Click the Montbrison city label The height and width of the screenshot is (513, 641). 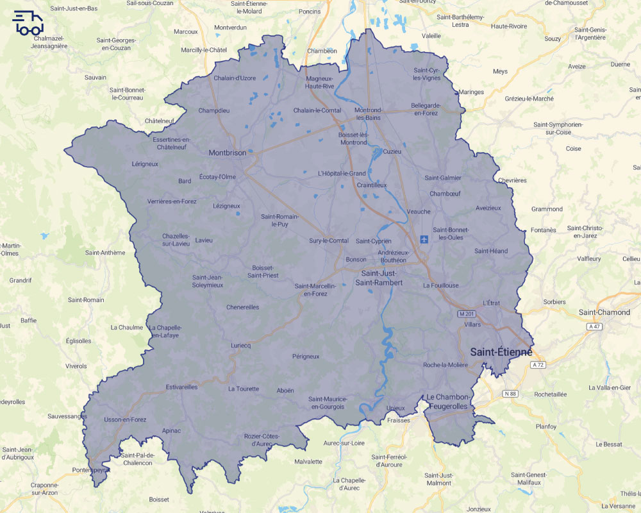(x=228, y=153)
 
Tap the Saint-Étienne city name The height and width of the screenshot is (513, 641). (x=501, y=352)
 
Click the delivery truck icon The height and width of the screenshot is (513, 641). (x=28, y=23)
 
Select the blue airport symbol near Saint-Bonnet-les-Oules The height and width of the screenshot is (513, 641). (x=424, y=239)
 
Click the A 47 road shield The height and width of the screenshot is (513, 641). (x=595, y=326)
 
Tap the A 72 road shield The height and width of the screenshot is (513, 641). (x=538, y=364)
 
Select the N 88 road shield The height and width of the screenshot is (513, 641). (x=510, y=393)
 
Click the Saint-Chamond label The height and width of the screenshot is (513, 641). (x=604, y=312)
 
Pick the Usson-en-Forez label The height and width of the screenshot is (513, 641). (x=125, y=420)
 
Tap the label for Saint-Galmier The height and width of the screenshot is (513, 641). (x=443, y=178)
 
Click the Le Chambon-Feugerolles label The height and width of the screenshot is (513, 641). (x=449, y=402)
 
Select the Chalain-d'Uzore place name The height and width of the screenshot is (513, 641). (x=235, y=78)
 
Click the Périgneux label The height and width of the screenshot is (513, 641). (x=305, y=356)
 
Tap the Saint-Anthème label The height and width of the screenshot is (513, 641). (x=105, y=253)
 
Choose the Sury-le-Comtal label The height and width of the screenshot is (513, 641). (x=329, y=240)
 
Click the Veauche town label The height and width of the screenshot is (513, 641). (x=419, y=212)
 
